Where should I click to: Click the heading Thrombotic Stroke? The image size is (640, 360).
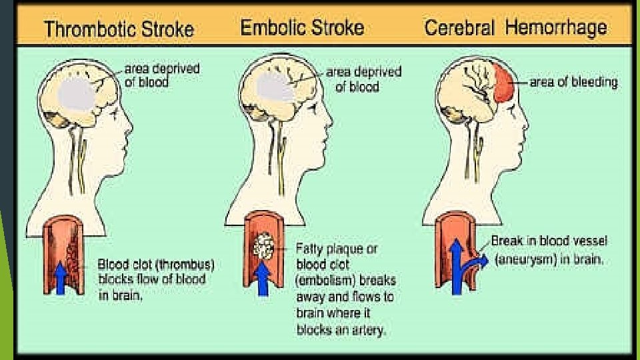tap(118, 29)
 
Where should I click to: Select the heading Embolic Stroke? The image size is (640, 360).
tap(302, 28)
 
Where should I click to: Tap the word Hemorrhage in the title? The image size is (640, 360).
tap(556, 27)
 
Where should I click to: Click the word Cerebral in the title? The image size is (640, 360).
tap(459, 29)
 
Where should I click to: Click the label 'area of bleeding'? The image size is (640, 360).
tap(573, 83)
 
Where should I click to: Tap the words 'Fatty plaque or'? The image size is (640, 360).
tap(337, 248)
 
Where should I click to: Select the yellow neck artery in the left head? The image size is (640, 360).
tap(83, 163)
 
